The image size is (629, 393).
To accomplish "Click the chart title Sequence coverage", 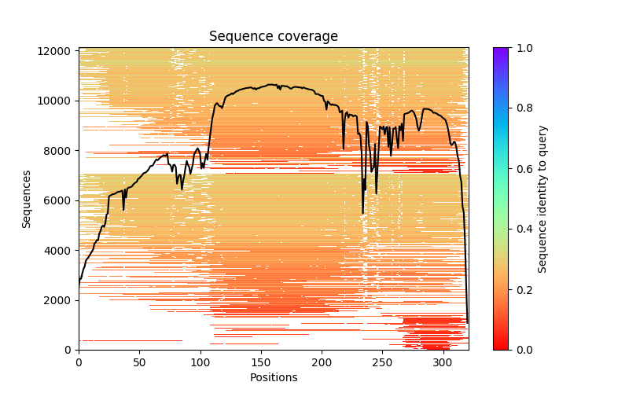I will point(273,36).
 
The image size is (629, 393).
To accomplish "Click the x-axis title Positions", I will point(273,377).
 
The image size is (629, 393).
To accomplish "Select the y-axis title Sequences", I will point(27,199).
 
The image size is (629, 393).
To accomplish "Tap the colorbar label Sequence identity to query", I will point(543,199).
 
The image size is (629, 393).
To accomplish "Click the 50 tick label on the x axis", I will point(139,362).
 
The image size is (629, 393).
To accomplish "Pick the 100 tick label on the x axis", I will point(200,362).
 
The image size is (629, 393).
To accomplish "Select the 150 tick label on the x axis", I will point(260,362).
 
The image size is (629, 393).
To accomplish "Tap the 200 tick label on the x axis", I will point(322,362).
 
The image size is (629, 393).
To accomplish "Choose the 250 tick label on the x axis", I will point(382,362).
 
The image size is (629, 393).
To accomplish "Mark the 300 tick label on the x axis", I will point(443,362).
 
